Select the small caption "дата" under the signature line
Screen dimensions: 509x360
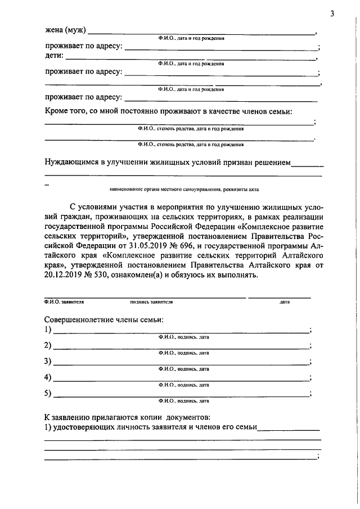pyautogui.click(x=284, y=302)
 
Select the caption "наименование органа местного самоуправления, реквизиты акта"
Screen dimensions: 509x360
pyautogui.click(x=185, y=190)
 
